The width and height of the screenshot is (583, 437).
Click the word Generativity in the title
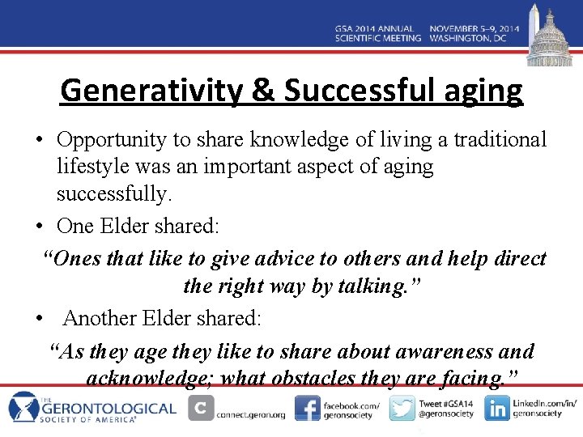tap(150, 90)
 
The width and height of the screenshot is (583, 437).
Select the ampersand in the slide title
tap(263, 90)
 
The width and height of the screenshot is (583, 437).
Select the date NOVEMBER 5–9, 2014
tap(474, 28)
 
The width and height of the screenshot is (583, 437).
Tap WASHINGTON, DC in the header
tap(474, 38)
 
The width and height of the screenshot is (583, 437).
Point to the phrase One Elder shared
tap(138, 226)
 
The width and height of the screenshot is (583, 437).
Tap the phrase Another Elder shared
tap(162, 318)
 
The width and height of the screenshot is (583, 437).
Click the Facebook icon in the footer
tap(307, 408)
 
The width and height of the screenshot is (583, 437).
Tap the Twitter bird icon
tap(402, 408)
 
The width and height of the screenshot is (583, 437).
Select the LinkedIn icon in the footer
tap(496, 408)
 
